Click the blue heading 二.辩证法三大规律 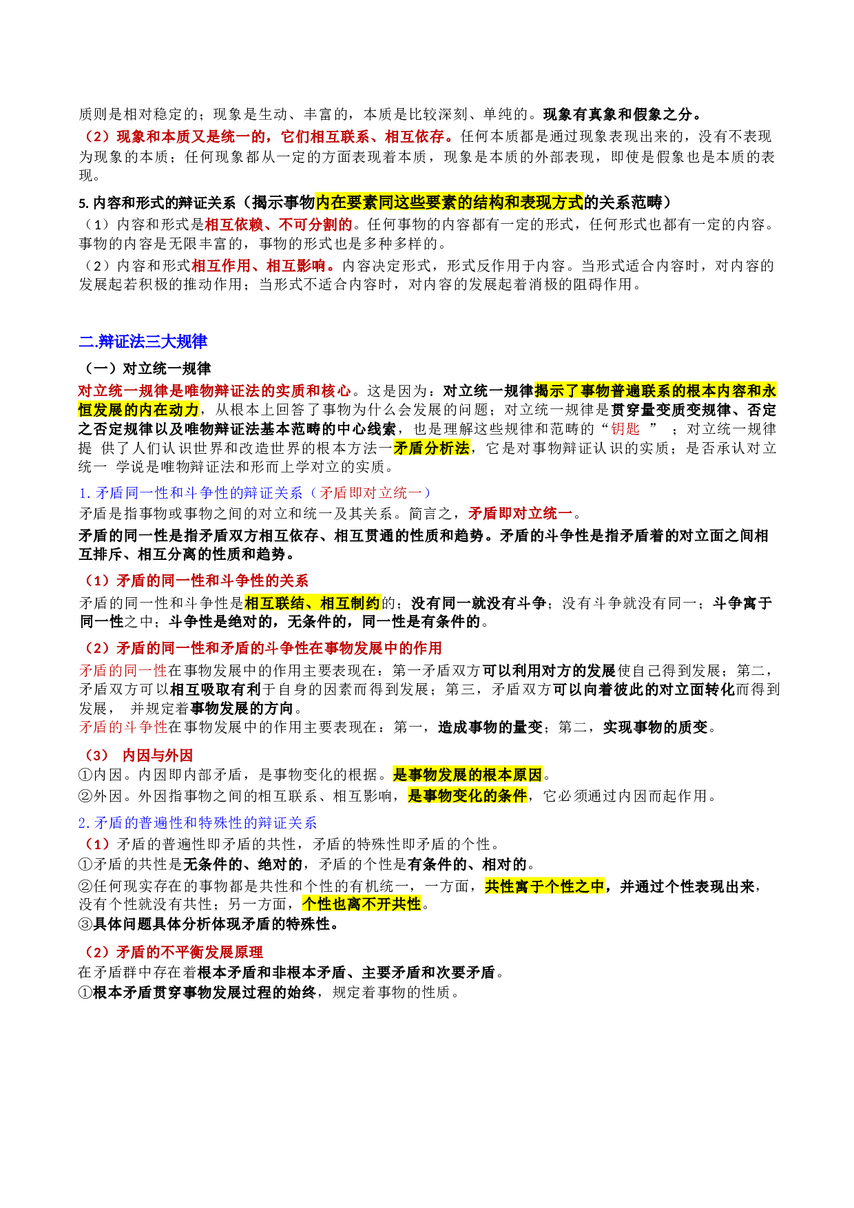[143, 342]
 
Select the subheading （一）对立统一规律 [145, 368]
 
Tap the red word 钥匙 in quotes [625, 428]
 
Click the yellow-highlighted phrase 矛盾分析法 [431, 448]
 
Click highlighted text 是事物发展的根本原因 [468, 774]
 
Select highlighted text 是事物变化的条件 [468, 795]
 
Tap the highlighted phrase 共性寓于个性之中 [544, 886]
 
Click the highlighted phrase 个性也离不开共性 [362, 904]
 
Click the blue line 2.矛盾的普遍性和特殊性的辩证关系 [198, 822]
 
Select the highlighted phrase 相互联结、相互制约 [312, 603]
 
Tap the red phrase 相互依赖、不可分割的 [279, 224]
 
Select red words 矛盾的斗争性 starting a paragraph [123, 727]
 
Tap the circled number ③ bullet [85, 924]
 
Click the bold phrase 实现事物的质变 [655, 727]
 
